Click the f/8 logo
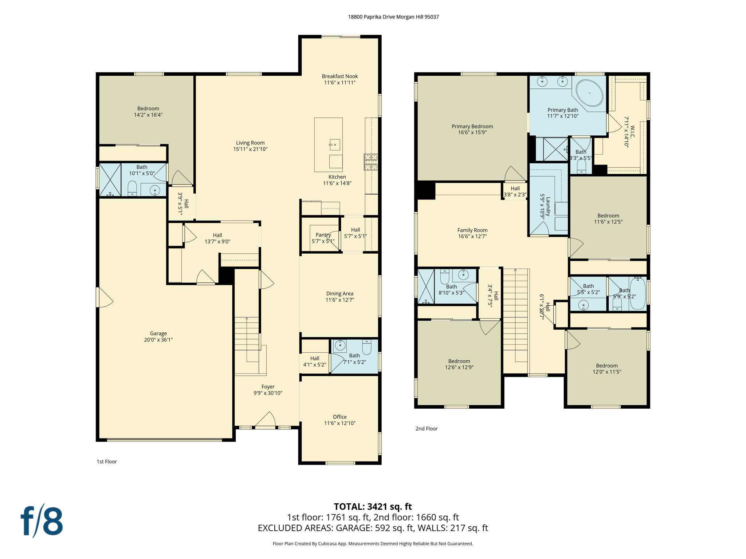coord(42,521)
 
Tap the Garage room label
coord(158,333)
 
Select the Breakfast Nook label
coord(339,76)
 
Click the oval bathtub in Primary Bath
coord(589,93)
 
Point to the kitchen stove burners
coord(371,162)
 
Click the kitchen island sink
coord(334,144)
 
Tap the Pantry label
coord(323,235)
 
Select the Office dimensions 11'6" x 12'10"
coord(339,423)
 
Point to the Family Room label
coord(472,230)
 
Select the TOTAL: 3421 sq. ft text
coord(373,506)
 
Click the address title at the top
coord(393,17)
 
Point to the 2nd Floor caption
coord(427,428)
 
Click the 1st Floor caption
coord(107,461)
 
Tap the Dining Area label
coord(339,293)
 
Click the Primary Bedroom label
coord(472,126)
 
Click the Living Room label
coord(250,143)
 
